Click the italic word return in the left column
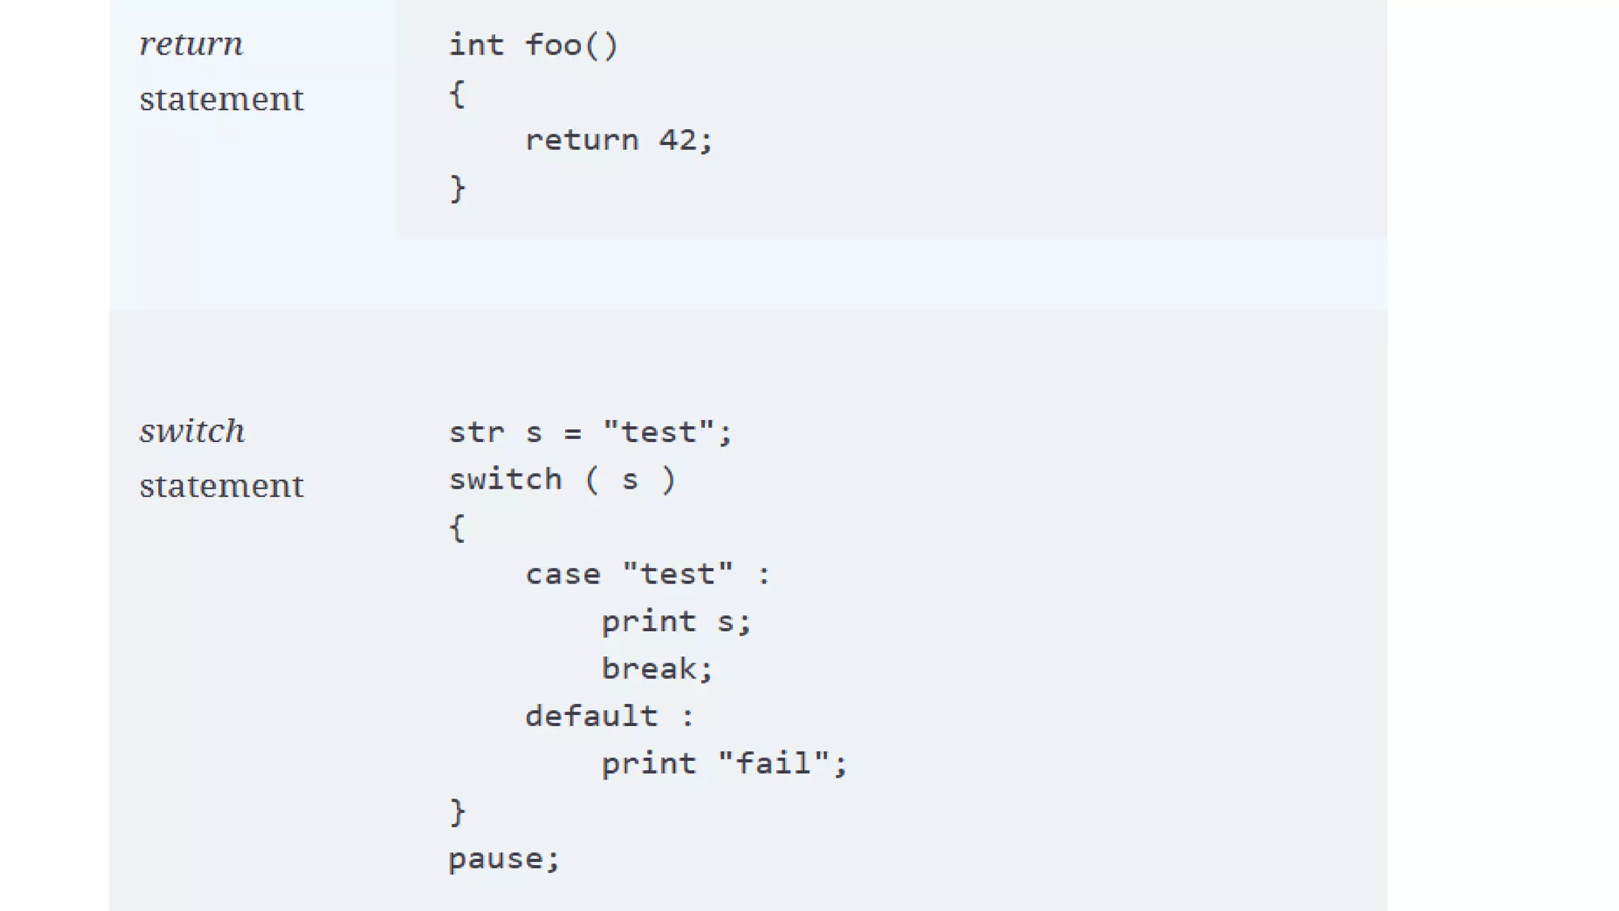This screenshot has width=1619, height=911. [x=191, y=44]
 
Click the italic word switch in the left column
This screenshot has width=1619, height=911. [x=192, y=432]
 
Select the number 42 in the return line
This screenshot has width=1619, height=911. [x=677, y=141]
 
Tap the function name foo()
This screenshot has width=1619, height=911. [x=572, y=46]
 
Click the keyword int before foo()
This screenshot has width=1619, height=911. [x=476, y=46]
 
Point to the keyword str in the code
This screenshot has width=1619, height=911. [x=476, y=433]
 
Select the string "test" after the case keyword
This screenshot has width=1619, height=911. [x=677, y=575]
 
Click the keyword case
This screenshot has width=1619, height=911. [x=563, y=575]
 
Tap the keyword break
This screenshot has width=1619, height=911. [x=649, y=670]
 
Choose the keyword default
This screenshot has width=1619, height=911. [x=591, y=717]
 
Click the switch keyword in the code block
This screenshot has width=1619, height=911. [x=505, y=480]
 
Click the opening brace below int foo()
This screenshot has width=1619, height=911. [x=457, y=94]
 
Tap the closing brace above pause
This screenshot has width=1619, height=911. [x=457, y=812]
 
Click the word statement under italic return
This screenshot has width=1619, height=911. [x=221, y=100]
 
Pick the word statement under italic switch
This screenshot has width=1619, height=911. [x=221, y=486]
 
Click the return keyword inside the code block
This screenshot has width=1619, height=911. [x=581, y=141]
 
